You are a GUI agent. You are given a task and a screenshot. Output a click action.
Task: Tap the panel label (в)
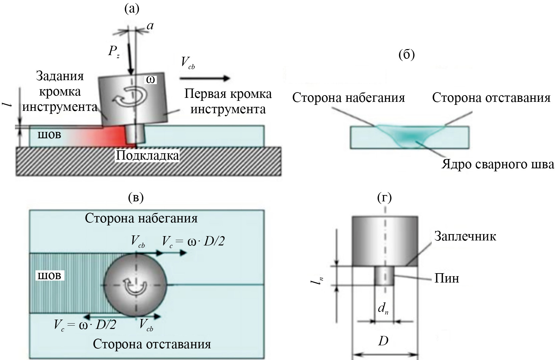136,198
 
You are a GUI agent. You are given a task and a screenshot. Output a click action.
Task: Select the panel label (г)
384,198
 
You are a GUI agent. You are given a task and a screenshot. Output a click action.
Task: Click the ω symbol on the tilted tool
151,79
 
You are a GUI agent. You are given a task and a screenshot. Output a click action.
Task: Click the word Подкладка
147,156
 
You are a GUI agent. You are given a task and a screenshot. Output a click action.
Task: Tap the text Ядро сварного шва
498,165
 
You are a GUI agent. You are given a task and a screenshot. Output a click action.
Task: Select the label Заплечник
465,236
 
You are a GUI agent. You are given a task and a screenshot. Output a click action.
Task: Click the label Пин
446,278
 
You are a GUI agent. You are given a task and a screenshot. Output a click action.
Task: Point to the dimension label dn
383,309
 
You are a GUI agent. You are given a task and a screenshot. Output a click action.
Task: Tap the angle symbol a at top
151,26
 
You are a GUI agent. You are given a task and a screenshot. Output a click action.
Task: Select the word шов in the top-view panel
49,276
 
